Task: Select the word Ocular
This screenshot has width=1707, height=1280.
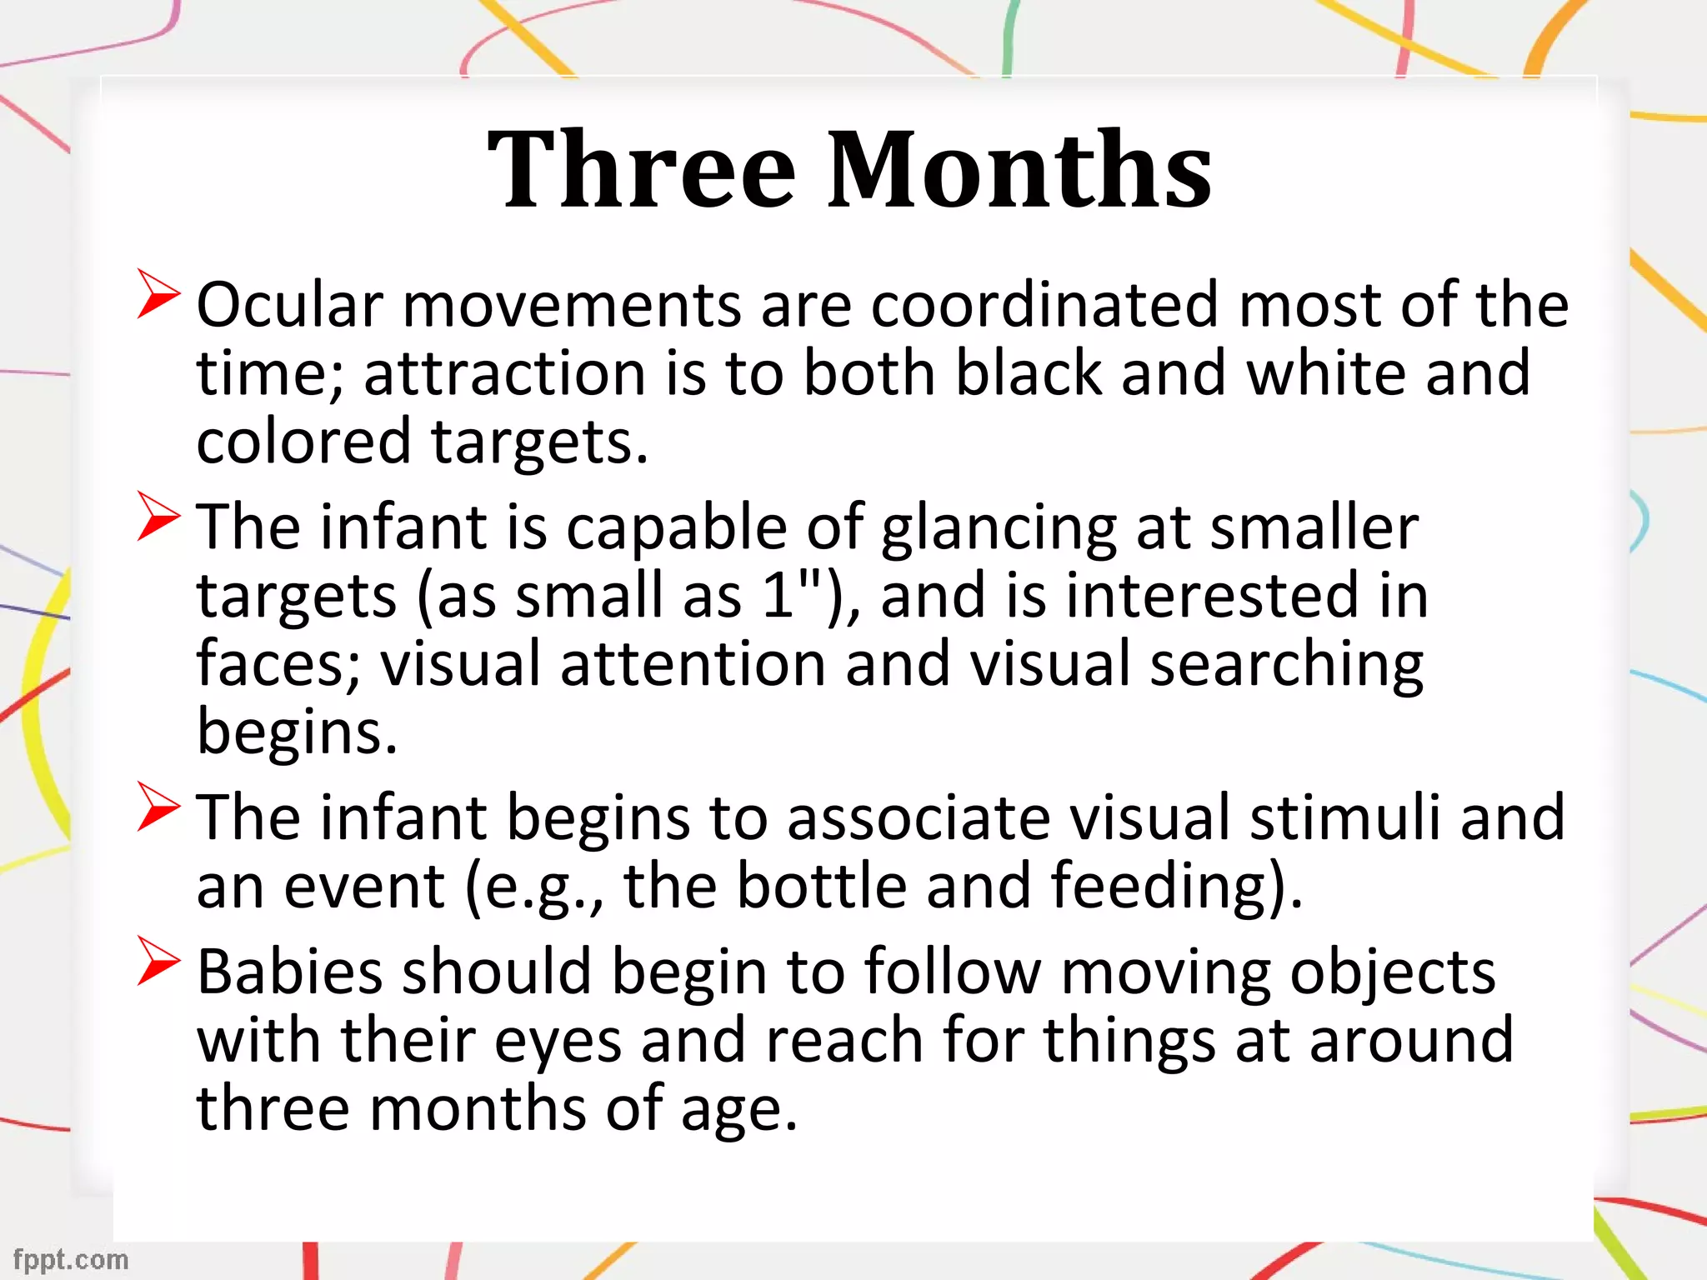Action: click(289, 305)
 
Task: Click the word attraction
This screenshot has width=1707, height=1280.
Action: click(504, 373)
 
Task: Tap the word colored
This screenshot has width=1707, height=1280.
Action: click(303, 441)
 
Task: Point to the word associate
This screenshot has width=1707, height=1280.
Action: click(919, 817)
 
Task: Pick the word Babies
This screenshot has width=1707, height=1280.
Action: click(289, 972)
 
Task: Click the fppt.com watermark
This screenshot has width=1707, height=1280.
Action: click(71, 1259)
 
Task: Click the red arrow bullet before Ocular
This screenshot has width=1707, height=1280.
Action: click(158, 293)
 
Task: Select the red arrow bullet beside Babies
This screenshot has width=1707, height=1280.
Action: click(158, 961)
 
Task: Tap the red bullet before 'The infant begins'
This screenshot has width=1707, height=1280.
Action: click(158, 807)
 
